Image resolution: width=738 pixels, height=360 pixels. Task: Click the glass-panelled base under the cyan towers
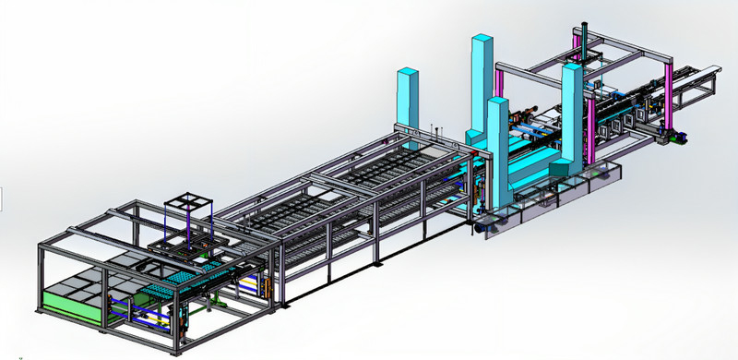point(544,208)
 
